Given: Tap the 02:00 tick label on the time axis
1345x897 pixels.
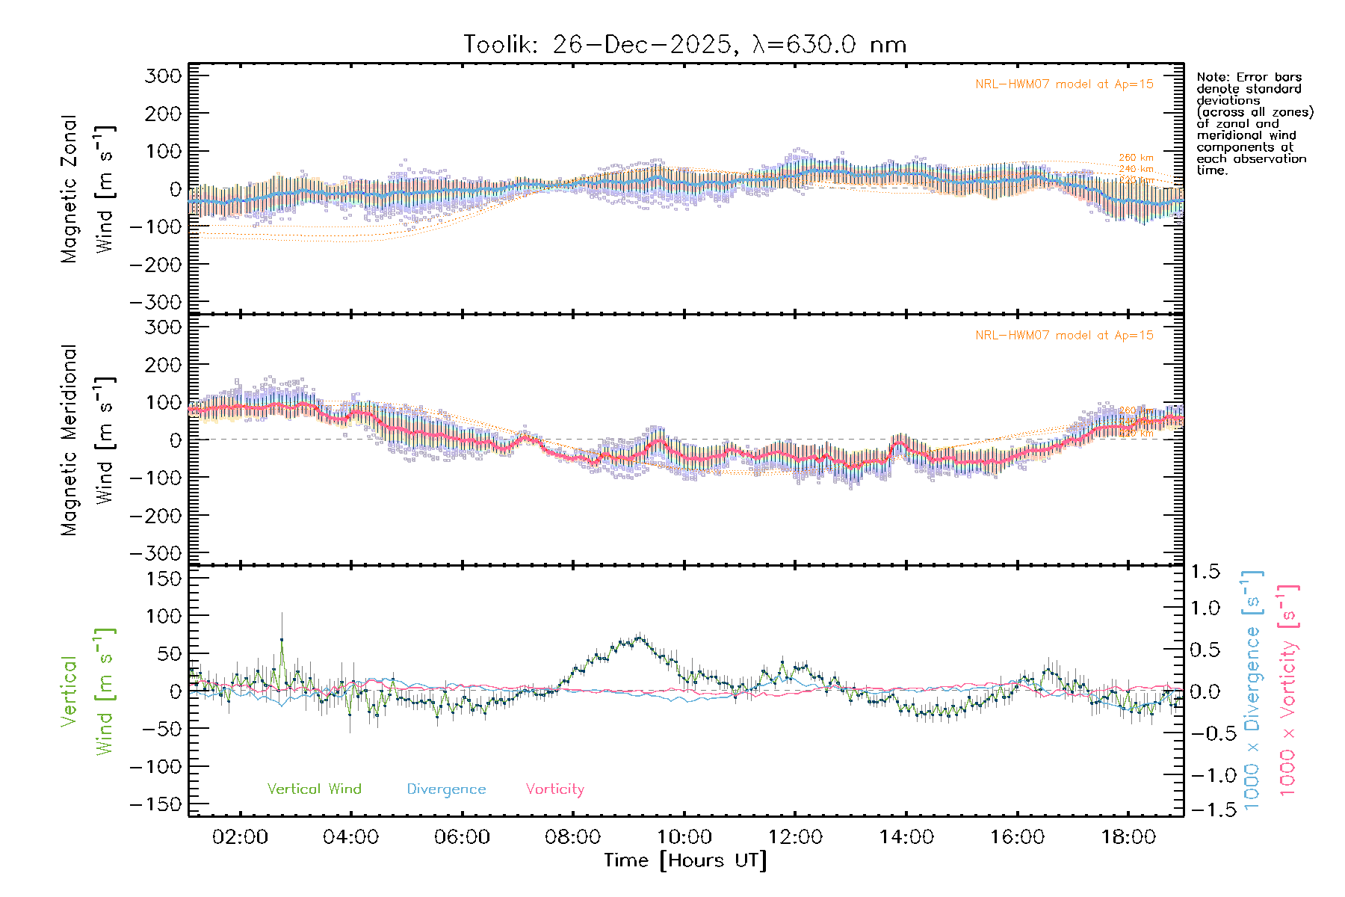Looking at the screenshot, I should (x=240, y=837).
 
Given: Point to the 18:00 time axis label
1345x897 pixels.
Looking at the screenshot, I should (x=1128, y=837).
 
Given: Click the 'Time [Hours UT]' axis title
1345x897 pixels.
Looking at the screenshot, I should (x=685, y=860).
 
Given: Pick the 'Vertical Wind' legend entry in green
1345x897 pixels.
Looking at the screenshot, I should (x=314, y=789).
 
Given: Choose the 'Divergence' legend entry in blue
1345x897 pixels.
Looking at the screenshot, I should (x=446, y=789).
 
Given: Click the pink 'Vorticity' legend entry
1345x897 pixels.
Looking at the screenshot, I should (x=554, y=789).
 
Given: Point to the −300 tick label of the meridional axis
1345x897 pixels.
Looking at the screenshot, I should (x=156, y=553).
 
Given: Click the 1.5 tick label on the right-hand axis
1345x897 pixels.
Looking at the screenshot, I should (x=1205, y=572).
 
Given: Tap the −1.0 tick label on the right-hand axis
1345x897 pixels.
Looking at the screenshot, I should (x=1205, y=775).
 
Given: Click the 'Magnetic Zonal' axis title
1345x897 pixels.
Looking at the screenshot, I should (x=69, y=189).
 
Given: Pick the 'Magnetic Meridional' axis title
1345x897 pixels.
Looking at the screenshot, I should (x=69, y=440).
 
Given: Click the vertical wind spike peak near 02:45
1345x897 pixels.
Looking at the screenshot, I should (x=282, y=640).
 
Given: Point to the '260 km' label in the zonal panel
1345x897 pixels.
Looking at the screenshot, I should (x=1136, y=158).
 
